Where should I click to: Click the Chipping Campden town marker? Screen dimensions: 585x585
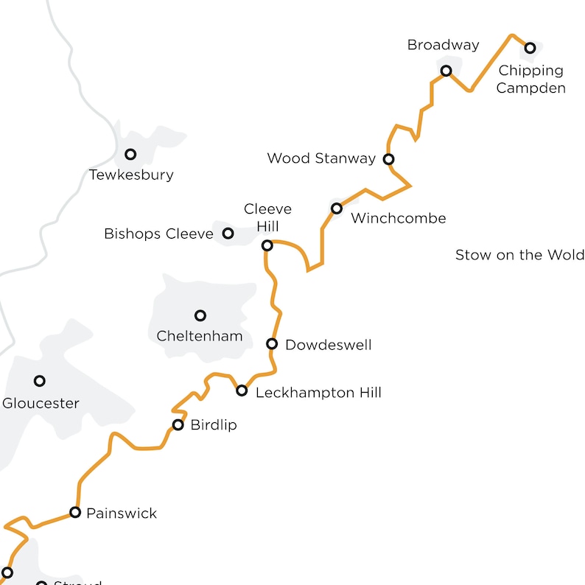tap(530, 49)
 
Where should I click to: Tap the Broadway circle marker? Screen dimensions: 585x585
tap(446, 71)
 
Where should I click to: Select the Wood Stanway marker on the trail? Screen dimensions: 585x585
tap(388, 158)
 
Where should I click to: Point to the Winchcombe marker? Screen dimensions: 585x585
tap(337, 209)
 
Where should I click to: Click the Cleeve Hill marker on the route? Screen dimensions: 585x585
tap(267, 245)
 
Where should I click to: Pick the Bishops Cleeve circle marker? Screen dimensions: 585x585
tap(228, 234)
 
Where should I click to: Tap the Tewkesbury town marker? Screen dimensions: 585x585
tap(130, 154)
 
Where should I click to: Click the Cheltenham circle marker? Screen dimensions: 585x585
tap(200, 315)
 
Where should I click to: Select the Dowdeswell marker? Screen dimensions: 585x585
tap(272, 343)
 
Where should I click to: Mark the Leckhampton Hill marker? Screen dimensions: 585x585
tap(242, 390)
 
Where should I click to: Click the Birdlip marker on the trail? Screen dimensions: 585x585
tap(178, 424)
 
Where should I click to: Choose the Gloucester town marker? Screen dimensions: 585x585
tap(40, 381)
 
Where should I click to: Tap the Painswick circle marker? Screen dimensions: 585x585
tap(75, 512)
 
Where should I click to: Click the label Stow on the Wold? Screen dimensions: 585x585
tap(519, 255)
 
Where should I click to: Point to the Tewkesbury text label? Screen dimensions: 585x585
tap(131, 175)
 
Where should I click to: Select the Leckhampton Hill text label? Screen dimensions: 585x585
tap(318, 393)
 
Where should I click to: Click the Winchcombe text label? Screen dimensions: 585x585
tap(399, 218)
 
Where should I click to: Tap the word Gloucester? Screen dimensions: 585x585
tap(41, 403)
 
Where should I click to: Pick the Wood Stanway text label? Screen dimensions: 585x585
tap(321, 158)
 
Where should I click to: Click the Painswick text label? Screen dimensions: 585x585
tap(122, 513)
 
